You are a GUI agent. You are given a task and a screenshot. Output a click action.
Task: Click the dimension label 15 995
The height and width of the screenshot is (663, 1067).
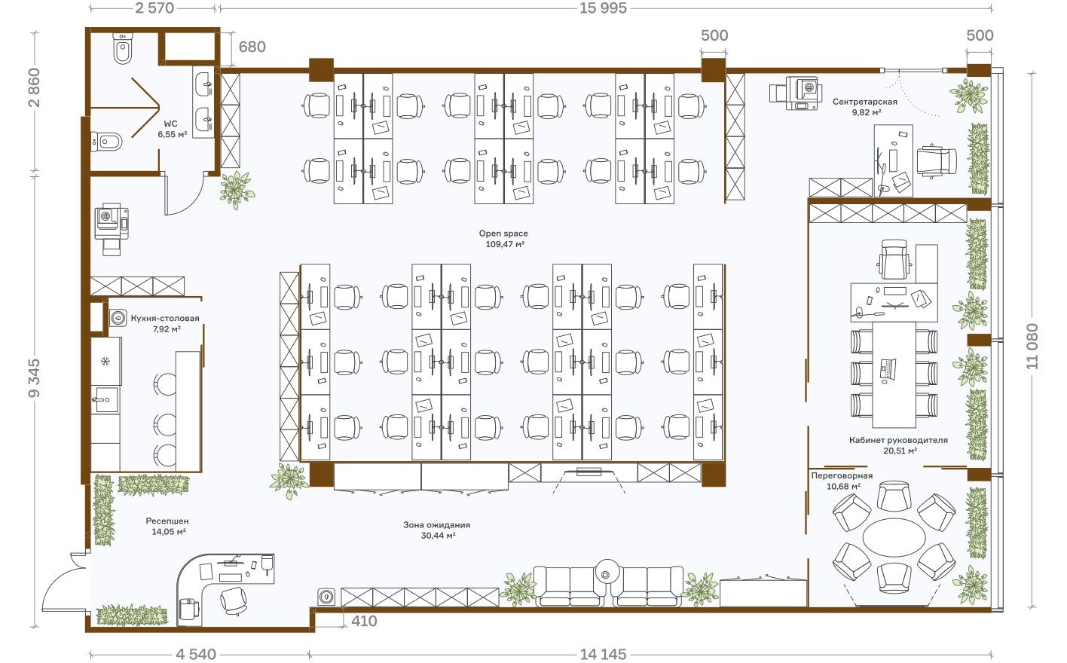coord(603,8)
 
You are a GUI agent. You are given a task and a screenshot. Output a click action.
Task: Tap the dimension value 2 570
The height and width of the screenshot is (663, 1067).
coord(154,8)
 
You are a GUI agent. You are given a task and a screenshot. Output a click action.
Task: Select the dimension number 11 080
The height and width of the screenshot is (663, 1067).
coord(1032,346)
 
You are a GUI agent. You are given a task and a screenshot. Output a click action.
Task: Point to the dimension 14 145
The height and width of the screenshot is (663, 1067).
coord(603,654)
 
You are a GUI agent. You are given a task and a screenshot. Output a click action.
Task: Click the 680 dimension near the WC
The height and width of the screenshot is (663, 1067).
coord(252,47)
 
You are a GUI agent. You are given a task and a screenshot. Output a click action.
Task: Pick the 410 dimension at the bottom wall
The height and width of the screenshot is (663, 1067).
coord(364,621)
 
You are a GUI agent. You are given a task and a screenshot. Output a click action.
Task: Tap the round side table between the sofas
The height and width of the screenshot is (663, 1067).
coord(607,574)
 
